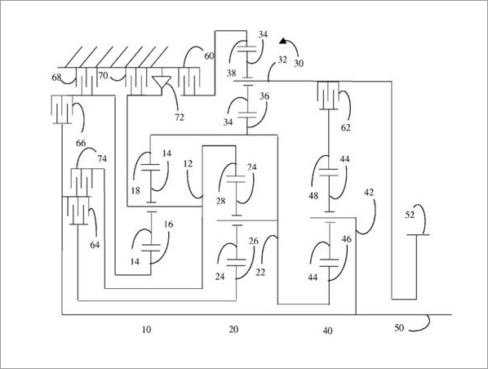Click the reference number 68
point(56,77)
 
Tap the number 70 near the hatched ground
point(103,75)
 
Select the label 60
point(209,56)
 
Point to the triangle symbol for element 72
point(162,82)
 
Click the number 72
point(180,118)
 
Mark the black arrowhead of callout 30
point(283,41)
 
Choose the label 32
point(282,60)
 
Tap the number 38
point(231,73)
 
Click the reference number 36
point(264,96)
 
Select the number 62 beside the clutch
point(345,127)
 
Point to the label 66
point(81,143)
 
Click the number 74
point(102,159)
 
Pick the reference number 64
point(95,245)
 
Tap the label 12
point(188,163)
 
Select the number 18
point(135,190)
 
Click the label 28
point(220,201)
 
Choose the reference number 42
point(369,193)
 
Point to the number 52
point(410,215)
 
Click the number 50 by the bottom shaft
point(399,327)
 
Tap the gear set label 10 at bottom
point(147,330)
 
